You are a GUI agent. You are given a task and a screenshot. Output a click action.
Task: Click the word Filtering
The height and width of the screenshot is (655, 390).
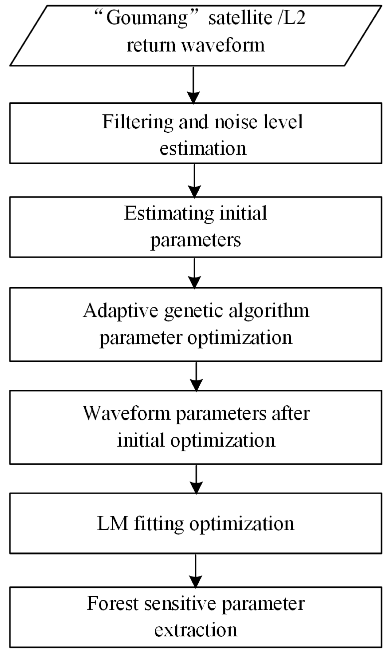coord(138,122)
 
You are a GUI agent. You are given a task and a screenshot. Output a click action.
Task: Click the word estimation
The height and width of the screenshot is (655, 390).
coord(203,148)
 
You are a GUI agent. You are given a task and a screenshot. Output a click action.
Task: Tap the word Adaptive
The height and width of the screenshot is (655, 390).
coord(121,310)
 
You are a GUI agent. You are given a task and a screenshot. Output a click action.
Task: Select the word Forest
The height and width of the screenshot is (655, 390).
coord(112,603)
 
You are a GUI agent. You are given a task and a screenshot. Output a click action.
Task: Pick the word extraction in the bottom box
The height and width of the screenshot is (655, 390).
coord(196,630)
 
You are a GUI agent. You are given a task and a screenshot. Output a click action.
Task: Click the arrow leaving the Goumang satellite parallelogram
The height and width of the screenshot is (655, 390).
coord(193,84)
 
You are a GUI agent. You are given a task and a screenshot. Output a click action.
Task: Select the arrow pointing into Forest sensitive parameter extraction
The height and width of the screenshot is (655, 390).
coord(196,570)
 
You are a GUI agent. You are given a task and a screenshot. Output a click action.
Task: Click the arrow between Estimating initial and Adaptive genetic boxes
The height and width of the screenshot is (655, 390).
coord(194,273)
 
